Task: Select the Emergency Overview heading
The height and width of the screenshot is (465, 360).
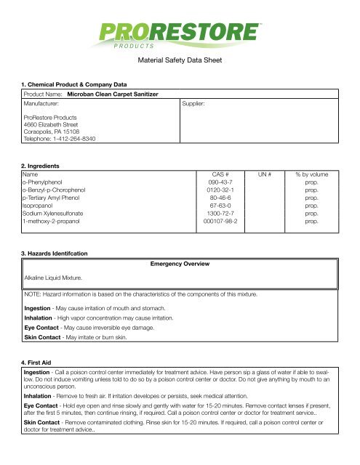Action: pos(180,262)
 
